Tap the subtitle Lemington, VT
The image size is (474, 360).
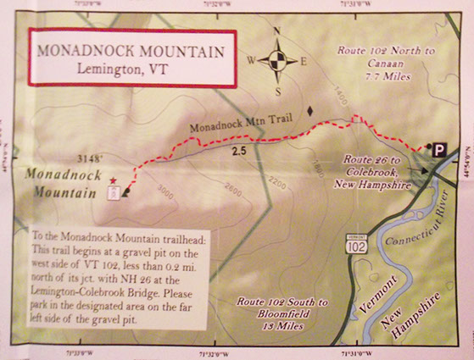tap(131, 69)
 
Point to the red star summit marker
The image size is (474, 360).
tap(114, 180)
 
